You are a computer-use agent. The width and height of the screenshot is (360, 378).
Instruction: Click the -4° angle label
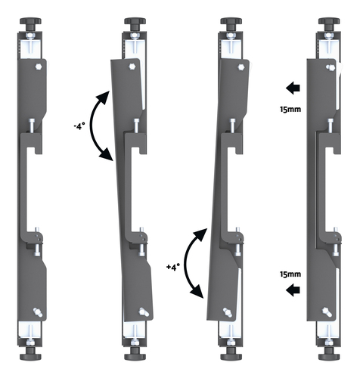point(78,126)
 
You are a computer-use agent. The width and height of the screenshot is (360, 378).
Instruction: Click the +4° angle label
point(173,267)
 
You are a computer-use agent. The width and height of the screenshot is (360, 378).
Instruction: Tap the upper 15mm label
point(290,110)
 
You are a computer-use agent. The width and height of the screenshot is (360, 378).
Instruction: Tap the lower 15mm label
point(290,274)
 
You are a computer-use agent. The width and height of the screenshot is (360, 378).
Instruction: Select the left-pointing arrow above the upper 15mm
point(293,88)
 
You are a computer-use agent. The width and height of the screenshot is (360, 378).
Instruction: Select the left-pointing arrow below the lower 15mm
point(293,290)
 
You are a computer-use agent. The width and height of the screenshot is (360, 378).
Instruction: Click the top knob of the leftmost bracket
point(30,24)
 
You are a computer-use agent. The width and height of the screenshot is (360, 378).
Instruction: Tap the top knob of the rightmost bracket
point(329,24)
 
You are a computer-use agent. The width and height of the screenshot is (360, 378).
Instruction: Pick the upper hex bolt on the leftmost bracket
point(39,67)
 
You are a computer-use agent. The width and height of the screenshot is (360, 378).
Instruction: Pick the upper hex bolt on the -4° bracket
point(132,67)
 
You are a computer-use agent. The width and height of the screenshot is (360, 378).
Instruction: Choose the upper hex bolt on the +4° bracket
point(241,67)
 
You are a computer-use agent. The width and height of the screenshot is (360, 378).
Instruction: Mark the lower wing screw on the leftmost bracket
point(38,311)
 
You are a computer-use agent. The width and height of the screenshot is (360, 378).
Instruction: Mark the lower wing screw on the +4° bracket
point(228,312)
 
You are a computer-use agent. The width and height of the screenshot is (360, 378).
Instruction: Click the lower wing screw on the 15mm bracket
point(327,311)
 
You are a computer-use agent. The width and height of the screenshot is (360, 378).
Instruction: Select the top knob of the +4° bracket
point(231,24)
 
